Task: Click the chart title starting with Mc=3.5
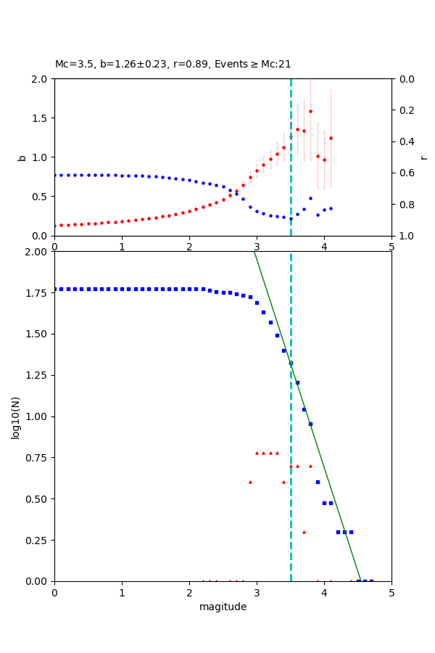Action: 173,65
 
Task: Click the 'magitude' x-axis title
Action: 223,607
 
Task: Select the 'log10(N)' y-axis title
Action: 16,417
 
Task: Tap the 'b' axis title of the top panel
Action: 22,157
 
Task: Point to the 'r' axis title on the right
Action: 424,157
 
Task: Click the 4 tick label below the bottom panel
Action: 324,593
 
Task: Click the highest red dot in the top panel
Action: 310,111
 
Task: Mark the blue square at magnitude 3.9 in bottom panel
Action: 318,482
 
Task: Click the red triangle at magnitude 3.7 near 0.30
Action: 304,532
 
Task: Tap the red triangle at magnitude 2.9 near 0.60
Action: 250,482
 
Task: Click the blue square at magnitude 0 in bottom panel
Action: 55,289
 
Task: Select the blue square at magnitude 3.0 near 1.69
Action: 257,303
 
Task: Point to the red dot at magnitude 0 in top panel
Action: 55,226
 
